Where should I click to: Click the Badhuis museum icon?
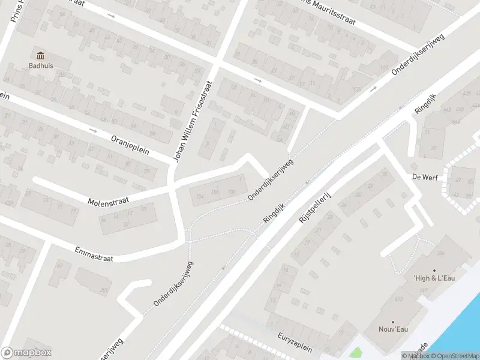tap(40, 56)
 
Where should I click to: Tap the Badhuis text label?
tap(40, 66)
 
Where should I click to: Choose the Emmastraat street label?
tap(94, 254)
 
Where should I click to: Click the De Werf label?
tap(423, 177)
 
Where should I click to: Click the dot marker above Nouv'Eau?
tap(394, 322)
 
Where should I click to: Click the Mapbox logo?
tap(26, 352)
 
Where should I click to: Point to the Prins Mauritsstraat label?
tap(327, 15)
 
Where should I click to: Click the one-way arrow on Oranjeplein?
tap(92, 130)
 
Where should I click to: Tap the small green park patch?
tap(355, 353)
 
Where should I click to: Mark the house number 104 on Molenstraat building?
tap(200, 196)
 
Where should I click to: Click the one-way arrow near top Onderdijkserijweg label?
tap(373, 89)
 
